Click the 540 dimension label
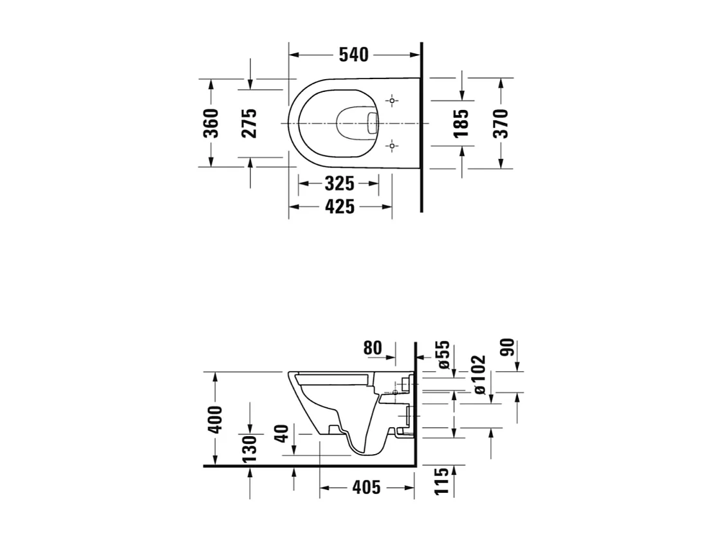tap(353, 55)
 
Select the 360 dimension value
tap(210, 123)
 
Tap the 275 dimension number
tap(249, 123)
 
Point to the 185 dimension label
tap(461, 123)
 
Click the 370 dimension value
tap(501, 123)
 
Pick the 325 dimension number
tap(339, 184)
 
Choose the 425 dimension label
tap(339, 206)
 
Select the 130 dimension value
tap(250, 448)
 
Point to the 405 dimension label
tap(366, 488)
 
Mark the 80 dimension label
tap(373, 348)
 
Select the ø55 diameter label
tap(443, 354)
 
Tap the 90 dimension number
tap(508, 348)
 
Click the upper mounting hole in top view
tap(392, 100)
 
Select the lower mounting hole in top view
tap(392, 145)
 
